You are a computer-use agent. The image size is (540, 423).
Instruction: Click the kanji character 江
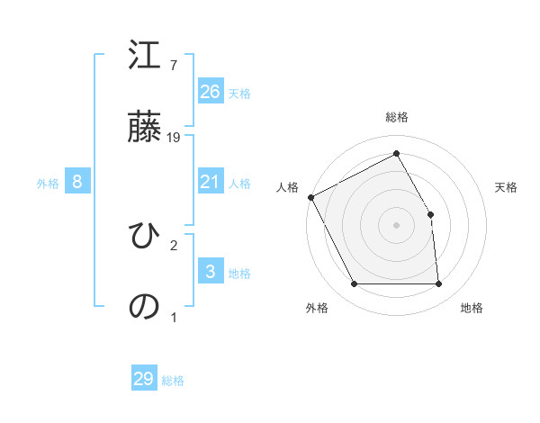(145, 58)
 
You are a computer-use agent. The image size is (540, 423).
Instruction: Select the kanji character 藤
(145, 127)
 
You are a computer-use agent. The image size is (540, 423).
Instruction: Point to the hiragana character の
(145, 305)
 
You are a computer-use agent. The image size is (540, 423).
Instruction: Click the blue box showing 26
(210, 91)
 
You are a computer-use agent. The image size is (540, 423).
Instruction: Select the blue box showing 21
(210, 182)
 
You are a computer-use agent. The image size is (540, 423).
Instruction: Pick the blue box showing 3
(210, 272)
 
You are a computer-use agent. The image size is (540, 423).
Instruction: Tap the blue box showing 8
(77, 182)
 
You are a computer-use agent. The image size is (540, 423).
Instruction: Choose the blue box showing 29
(144, 379)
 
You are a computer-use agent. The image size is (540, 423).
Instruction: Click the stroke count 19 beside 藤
(175, 137)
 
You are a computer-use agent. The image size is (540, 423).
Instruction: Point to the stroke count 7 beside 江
(173, 66)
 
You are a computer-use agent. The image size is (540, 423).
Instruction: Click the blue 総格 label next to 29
(173, 381)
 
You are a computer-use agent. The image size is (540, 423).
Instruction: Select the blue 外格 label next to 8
(48, 184)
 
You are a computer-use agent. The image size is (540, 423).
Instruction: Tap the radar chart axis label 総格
(397, 117)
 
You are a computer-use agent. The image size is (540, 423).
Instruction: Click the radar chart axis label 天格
(507, 187)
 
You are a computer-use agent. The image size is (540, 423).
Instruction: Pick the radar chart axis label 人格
(287, 187)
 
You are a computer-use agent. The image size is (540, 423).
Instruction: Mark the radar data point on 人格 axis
(310, 197)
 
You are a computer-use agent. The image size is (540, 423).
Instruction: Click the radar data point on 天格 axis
(430, 214)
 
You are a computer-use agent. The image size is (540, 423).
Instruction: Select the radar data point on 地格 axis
(438, 284)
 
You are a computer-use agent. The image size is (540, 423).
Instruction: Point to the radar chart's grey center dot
(396, 225)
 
